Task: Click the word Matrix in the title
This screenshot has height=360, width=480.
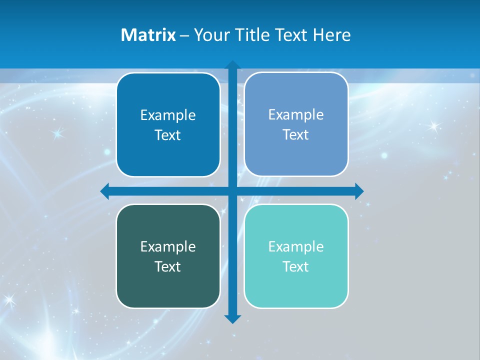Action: (148, 35)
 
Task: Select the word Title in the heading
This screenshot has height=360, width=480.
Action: (251, 35)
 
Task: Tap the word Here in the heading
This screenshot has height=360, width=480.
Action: (331, 35)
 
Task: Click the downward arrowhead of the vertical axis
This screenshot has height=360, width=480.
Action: (232, 318)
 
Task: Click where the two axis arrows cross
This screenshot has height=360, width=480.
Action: (232, 191)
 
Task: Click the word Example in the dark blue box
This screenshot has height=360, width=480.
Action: (168, 115)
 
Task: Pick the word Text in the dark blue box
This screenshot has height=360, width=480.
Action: (168, 135)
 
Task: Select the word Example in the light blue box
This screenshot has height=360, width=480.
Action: (296, 115)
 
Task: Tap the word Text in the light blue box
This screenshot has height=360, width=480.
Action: (296, 135)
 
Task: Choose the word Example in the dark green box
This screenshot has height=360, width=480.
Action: (168, 247)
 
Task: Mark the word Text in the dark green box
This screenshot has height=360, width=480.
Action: (168, 267)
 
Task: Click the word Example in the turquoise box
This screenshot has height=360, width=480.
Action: (296, 247)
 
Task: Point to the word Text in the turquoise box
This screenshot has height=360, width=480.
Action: (296, 267)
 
